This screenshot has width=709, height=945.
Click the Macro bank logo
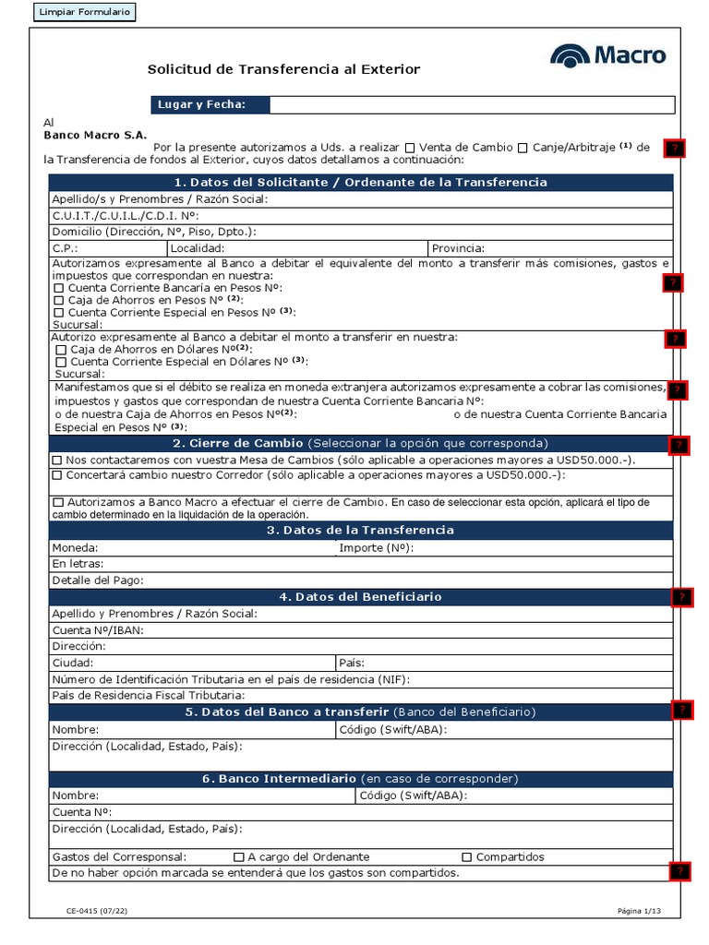pyautogui.click(x=607, y=55)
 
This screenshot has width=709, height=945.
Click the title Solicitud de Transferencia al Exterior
pyautogui.click(x=284, y=69)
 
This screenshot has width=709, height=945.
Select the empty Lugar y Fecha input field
pyautogui.click(x=472, y=104)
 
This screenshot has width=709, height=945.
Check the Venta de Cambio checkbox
pyautogui.click(x=410, y=148)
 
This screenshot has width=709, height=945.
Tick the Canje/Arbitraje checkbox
pyautogui.click(x=523, y=148)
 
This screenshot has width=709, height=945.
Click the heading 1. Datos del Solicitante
pyautogui.click(x=361, y=182)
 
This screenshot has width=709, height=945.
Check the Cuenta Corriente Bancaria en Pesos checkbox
pyautogui.click(x=58, y=288)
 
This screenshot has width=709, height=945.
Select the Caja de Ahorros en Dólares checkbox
pyautogui.click(x=61, y=350)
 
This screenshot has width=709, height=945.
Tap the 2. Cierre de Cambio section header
pyautogui.click(x=361, y=443)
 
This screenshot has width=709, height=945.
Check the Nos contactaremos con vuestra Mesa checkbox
pyautogui.click(x=57, y=460)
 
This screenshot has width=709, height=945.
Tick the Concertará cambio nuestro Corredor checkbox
pyautogui.click(x=57, y=475)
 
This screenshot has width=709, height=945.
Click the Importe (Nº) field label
pyautogui.click(x=376, y=547)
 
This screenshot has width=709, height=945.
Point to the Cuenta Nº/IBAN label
pyautogui.click(x=98, y=629)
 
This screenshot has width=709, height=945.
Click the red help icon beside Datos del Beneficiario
pyautogui.click(x=681, y=597)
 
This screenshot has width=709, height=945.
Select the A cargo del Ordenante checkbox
pyautogui.click(x=239, y=856)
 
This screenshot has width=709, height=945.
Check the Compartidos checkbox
pyautogui.click(x=466, y=856)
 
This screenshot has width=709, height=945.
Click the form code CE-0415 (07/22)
pyautogui.click(x=96, y=911)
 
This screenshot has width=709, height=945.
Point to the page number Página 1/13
pyautogui.click(x=640, y=911)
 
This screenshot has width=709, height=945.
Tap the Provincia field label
pyautogui.click(x=459, y=248)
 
